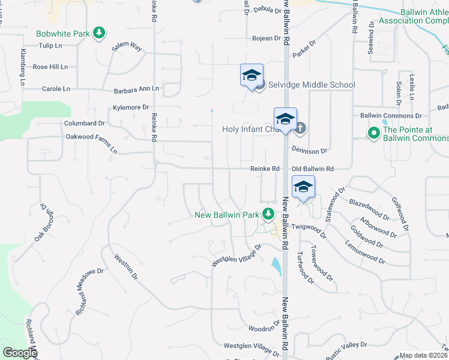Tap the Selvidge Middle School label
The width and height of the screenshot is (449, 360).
pos(312,85)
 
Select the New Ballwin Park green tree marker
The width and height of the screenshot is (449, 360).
pos(270,214)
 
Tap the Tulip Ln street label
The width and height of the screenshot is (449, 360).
pos(50,46)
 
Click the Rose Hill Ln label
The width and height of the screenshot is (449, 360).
pos(50,67)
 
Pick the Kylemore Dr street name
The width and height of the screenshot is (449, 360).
pos(131,107)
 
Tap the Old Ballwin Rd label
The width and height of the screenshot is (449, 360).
pos(312,169)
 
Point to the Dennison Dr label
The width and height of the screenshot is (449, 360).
pos(310,151)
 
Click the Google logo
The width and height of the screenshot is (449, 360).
pos(19,353)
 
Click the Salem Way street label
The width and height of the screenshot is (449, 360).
pos(127,47)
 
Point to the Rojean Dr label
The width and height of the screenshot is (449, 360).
pos(266,38)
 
